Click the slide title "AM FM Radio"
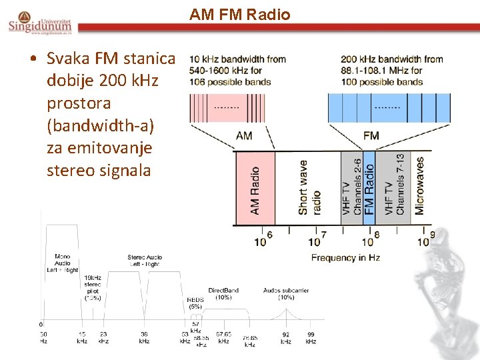(240, 14)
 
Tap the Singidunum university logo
(41, 23)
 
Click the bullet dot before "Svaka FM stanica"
(33, 59)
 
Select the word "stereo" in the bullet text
(72, 170)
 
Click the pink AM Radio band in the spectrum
(254, 189)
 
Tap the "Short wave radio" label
(309, 188)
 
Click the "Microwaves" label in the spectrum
(420, 186)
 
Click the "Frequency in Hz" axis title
(345, 257)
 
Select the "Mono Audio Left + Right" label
(63, 263)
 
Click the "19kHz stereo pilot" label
(93, 287)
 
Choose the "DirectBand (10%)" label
(223, 294)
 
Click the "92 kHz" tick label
(286, 337)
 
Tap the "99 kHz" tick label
(311, 337)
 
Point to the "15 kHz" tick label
(82, 337)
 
